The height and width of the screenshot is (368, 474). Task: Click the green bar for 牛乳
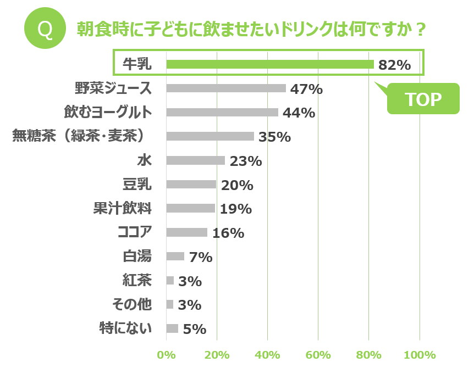tap(269, 64)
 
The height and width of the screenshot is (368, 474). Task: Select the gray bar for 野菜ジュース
tap(225, 88)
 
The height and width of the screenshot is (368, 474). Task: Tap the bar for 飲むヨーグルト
tap(222, 112)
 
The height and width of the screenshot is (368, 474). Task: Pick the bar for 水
tap(195, 160)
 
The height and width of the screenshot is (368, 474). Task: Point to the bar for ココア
tap(186, 232)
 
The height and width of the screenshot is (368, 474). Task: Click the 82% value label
tap(394, 65)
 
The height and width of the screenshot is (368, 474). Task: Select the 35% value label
tap(274, 137)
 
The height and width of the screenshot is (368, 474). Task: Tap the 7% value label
tap(200, 257)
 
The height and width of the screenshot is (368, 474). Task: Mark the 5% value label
tap(194, 329)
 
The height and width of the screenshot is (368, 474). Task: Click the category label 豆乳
tap(137, 185)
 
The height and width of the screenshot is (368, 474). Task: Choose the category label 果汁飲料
tap(123, 209)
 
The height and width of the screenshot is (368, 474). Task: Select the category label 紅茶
tap(137, 281)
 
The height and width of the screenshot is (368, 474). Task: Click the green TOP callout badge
tap(423, 99)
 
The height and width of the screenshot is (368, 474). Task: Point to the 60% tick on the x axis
tap(318, 355)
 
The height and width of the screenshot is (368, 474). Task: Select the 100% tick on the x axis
tap(420, 355)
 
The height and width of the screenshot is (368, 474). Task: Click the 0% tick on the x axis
tap(166, 355)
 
